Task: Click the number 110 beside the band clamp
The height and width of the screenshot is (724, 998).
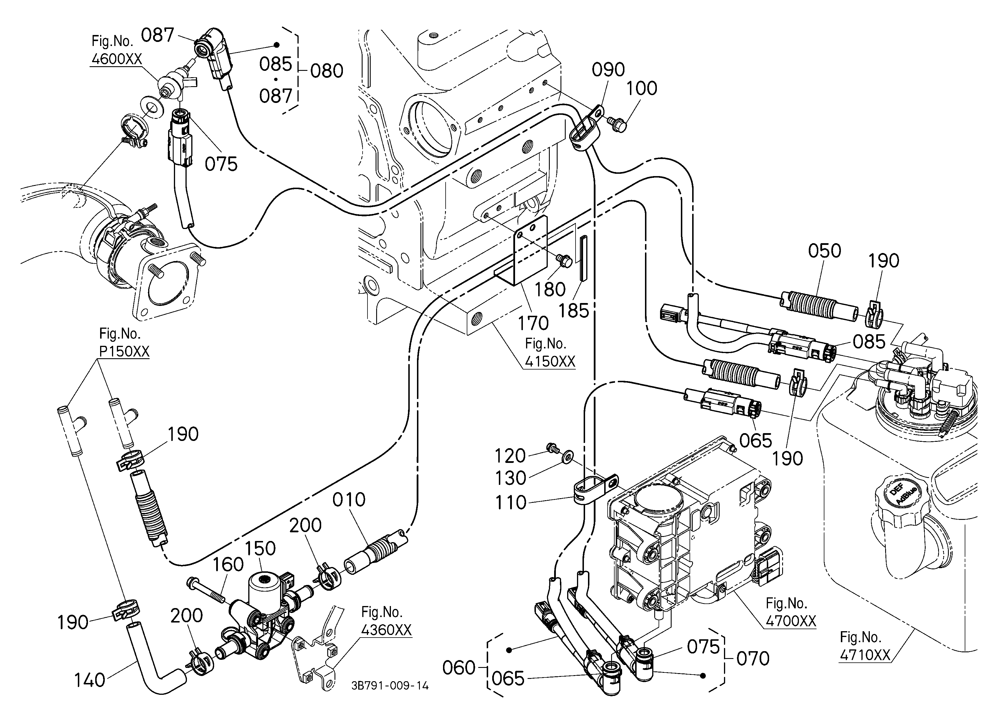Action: pos(510,503)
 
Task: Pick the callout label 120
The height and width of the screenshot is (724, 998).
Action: pos(510,456)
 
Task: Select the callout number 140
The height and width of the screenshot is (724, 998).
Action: pos(89,680)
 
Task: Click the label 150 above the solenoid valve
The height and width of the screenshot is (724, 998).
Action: pos(260,548)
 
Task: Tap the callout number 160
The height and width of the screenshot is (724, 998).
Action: pos(228,564)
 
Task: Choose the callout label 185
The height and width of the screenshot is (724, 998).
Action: pos(574,311)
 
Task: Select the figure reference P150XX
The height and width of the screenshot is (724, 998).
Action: pos(124,351)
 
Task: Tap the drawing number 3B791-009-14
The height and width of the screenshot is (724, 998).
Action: pos(390,686)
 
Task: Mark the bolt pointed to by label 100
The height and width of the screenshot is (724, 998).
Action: pos(617,124)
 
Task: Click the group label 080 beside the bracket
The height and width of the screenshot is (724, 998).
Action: pos(326,71)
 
